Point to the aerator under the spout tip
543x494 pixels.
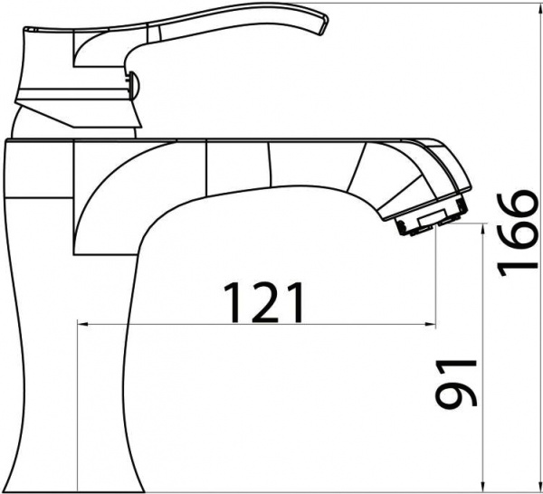pyautogui.click(x=432, y=221)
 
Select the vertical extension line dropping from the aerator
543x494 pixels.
pyautogui.click(x=435, y=271)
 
